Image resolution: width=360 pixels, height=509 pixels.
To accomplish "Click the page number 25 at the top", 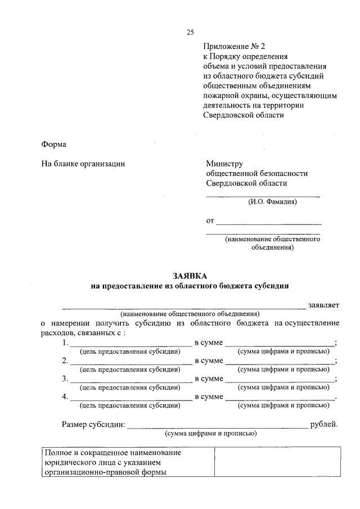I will click(190, 32).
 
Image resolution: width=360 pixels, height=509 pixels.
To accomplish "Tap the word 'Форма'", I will click(54, 144).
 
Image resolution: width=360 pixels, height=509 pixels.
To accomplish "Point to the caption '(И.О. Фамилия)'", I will click(273, 201).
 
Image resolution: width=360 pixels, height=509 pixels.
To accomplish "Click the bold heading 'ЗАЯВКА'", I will click(190, 275).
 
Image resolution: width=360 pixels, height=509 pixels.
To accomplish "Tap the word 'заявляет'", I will click(323, 305).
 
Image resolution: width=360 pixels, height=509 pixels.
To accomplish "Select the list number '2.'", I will click(66, 361).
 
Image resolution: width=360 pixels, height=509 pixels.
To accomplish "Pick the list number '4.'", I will click(66, 397).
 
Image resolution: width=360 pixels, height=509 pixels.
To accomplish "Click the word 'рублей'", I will click(324, 424).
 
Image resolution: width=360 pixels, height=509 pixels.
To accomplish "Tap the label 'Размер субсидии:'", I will click(93, 424).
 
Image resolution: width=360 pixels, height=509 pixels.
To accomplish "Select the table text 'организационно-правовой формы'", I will click(105, 472).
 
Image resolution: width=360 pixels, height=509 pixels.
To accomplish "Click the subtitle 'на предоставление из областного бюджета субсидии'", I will click(190, 286).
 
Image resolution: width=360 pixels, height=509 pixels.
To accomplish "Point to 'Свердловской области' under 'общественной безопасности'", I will click(246, 183).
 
